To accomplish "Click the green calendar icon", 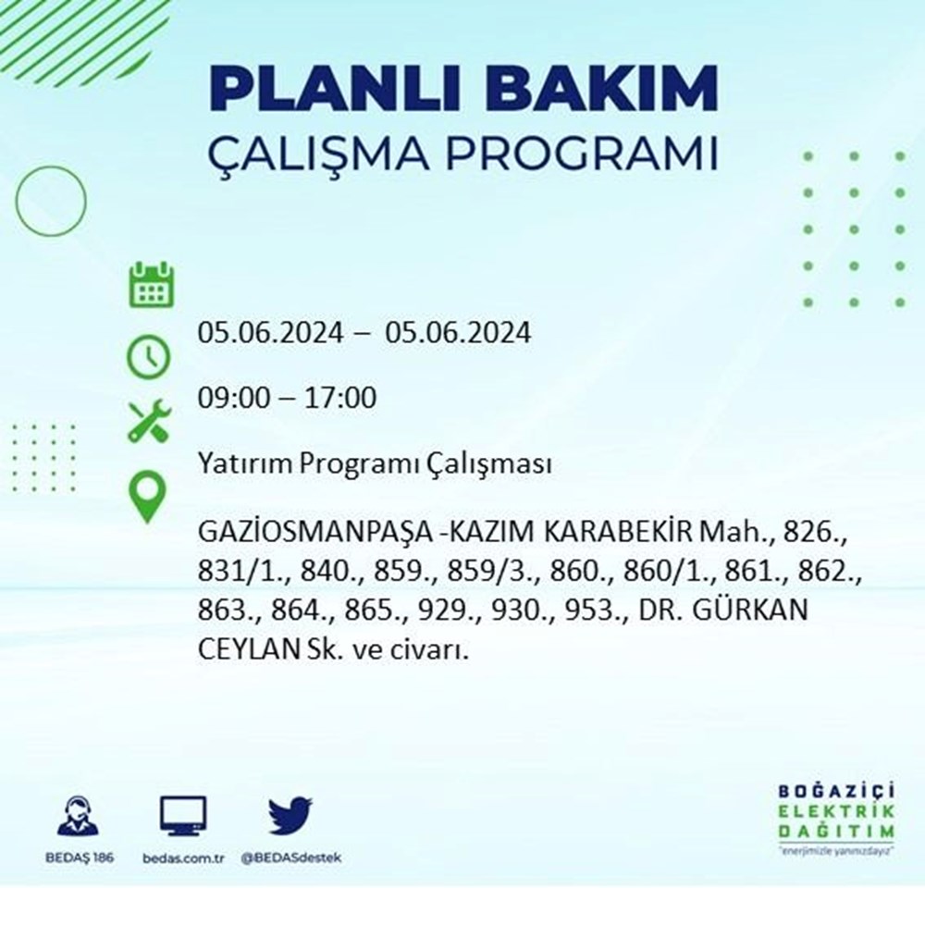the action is (152, 285).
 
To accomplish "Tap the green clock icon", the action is (149, 357).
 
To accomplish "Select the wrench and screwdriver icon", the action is (150, 421).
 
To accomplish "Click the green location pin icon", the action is (147, 497).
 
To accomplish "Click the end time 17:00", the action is (340, 398).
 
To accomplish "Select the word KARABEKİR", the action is (617, 532).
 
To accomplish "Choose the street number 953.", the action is (595, 610).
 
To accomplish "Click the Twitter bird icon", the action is (290, 815).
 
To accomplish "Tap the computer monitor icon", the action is (183, 815).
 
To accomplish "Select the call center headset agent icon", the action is (78, 815).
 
